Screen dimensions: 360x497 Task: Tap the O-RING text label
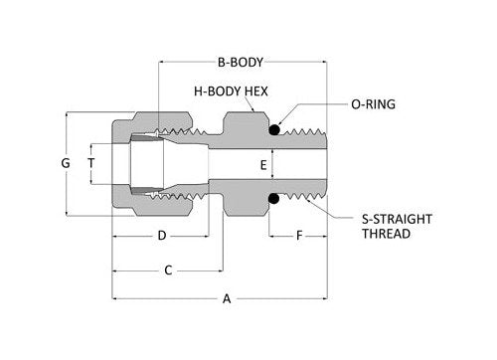tap(376, 102)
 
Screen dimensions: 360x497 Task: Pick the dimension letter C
tap(168, 270)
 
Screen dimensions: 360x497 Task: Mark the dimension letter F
tap(299, 236)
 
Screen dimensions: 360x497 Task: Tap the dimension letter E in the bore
tap(263, 164)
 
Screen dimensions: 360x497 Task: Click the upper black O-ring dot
tap(271, 129)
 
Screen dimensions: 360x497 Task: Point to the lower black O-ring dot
tap(271, 199)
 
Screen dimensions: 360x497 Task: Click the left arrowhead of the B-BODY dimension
tap(162, 61)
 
